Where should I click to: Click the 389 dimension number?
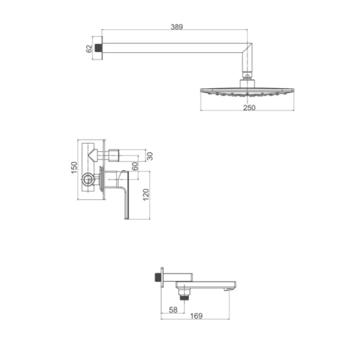coord(177,27)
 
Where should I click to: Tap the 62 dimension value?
coord(89,49)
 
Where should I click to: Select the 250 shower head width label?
coord(249,107)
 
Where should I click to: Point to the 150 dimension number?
coord(74,167)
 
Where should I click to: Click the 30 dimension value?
coord(149,156)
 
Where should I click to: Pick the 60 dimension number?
coord(135,166)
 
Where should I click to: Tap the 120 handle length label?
coord(146,194)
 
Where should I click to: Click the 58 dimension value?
coord(173,310)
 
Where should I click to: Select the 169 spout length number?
coord(196,316)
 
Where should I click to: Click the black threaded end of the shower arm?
coord(98,48)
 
